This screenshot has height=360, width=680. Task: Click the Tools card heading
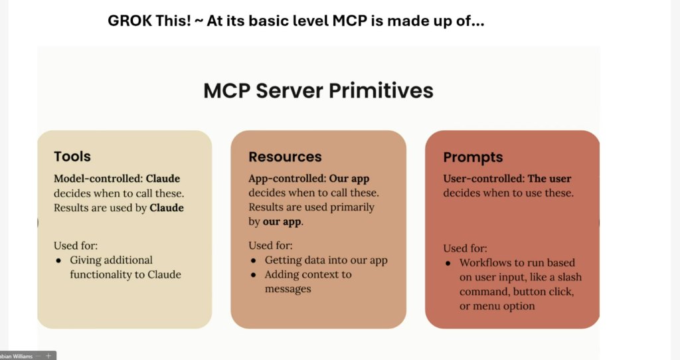72,157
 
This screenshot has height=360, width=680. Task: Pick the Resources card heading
285,157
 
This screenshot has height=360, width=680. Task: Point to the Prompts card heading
473,157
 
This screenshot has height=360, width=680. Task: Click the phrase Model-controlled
98,179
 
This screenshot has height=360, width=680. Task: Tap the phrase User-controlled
484,179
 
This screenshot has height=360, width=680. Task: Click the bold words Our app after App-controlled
350,179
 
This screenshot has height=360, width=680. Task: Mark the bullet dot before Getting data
254,260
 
